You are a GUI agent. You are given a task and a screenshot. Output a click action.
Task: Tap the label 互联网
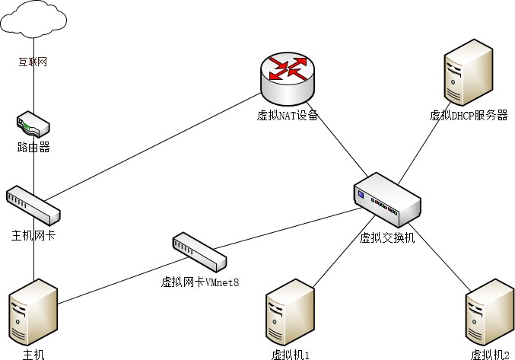(x=33, y=62)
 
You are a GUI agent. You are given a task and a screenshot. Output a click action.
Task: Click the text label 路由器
(x=33, y=148)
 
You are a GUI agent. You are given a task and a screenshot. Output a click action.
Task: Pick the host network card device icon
(x=33, y=202)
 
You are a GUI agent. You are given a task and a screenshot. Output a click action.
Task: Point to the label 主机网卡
(x=33, y=236)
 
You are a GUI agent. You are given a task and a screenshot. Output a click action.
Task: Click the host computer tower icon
(x=33, y=313)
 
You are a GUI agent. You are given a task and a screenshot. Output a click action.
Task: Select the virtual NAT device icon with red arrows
(x=287, y=79)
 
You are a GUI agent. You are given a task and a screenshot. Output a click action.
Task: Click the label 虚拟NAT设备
(x=287, y=116)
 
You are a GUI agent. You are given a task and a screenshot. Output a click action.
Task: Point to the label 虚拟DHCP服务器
(x=469, y=116)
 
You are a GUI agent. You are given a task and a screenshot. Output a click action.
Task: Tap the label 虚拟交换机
(x=387, y=237)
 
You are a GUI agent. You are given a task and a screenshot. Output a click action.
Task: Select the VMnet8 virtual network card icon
(x=199, y=252)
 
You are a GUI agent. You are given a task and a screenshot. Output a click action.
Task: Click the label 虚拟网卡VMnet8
(x=200, y=282)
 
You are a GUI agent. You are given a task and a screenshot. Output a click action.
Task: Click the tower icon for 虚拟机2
(x=489, y=314)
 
